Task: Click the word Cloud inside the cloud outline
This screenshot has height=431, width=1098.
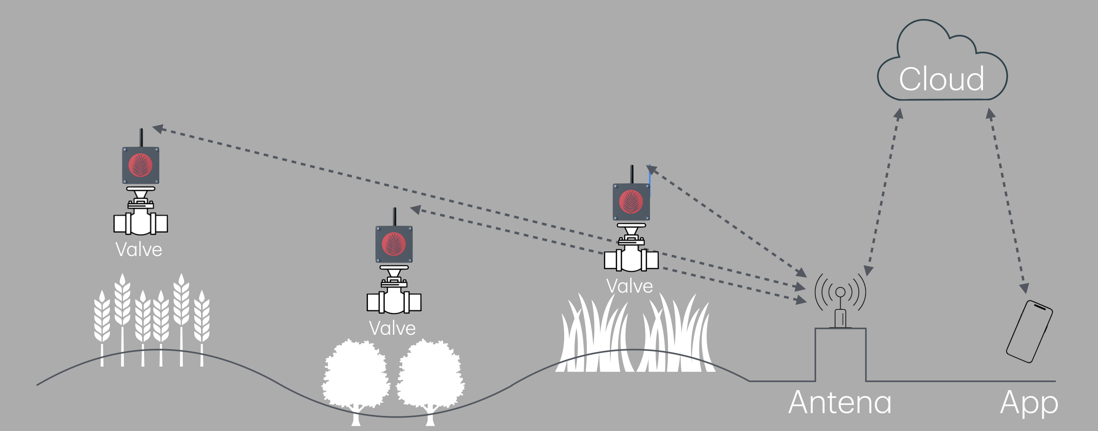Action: coord(941,79)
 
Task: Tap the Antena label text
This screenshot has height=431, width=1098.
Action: coord(840,402)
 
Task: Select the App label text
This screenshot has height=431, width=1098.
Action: coord(1029,403)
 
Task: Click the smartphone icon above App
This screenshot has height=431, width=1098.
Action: coord(1030,331)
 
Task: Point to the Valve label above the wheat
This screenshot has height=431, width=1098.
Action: coord(139,250)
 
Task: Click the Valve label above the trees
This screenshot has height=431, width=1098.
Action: coord(392,328)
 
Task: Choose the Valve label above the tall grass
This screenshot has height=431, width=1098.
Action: coord(629,286)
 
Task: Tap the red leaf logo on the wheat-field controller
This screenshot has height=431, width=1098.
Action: coord(140,165)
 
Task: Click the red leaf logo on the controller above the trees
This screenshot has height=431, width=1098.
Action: coord(394,244)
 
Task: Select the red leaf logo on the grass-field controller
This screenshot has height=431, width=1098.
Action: coord(631,202)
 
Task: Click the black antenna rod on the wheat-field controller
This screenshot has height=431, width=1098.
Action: coord(141,138)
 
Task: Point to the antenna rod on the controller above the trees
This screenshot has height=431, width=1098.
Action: coord(395,216)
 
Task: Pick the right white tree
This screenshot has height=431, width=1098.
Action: coord(430,379)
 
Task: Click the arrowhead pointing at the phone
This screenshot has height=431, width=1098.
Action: coord(1024,288)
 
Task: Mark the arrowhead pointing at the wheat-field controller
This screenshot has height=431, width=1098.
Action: coord(158,128)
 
